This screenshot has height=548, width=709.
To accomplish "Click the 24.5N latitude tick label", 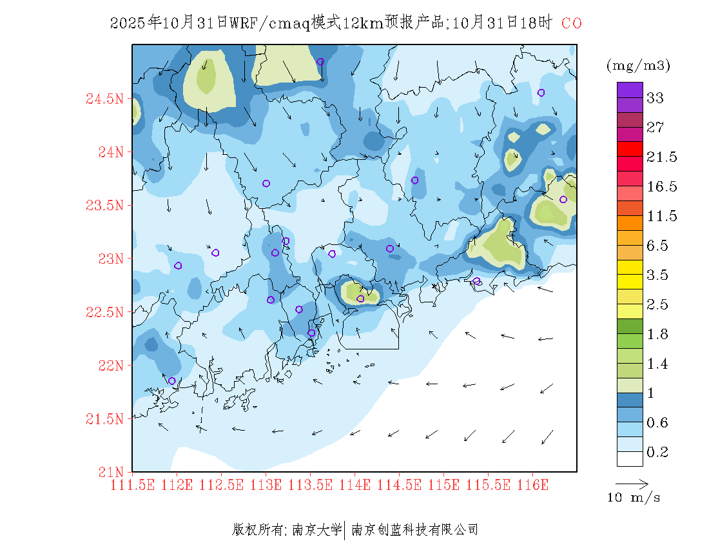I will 104,99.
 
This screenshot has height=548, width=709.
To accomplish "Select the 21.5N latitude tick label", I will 104,419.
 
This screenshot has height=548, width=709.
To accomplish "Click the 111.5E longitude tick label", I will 132,484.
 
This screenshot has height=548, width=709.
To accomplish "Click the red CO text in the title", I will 572,24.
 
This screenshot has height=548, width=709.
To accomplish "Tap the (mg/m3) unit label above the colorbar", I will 638,65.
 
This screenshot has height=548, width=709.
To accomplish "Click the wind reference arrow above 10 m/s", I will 632,483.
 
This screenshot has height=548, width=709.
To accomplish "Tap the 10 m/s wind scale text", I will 634,498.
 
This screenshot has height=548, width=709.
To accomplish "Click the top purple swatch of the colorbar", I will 630,90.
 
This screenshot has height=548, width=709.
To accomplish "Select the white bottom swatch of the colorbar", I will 630,458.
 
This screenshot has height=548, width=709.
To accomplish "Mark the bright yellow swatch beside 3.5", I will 630,267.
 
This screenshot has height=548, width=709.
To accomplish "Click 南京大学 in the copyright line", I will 317,530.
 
